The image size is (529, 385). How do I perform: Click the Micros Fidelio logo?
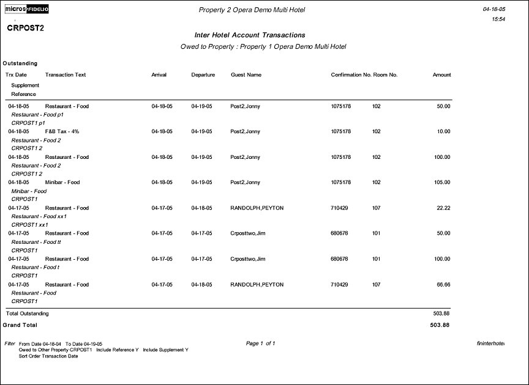click(27, 9)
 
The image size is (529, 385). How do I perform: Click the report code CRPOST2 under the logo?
click(25, 28)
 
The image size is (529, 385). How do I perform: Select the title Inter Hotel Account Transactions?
click(249, 35)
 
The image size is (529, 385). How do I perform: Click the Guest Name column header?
click(246, 75)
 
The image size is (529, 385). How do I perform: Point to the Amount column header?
click(441, 75)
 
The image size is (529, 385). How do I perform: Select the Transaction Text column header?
click(66, 75)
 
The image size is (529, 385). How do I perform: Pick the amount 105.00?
click(441, 183)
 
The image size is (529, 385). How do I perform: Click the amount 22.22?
click(443, 208)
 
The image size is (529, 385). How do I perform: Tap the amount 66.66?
click(443, 285)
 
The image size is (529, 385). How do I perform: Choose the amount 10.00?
click(443, 132)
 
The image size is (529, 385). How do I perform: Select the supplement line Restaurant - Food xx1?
click(39, 216)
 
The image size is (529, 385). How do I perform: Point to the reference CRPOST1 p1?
click(29, 123)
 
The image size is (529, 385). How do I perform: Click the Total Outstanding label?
click(27, 313)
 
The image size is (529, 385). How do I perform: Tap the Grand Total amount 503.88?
click(440, 325)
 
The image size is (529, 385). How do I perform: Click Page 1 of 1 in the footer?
click(260, 343)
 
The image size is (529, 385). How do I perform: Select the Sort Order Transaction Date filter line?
click(48, 356)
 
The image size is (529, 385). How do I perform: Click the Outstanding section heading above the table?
click(20, 64)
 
